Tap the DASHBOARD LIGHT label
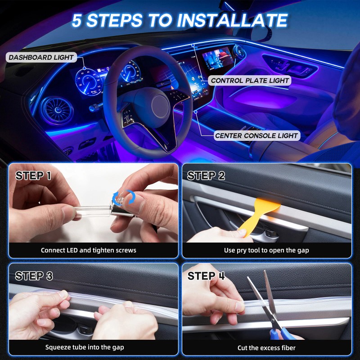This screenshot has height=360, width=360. (41, 57)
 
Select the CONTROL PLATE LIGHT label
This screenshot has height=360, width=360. (250, 81)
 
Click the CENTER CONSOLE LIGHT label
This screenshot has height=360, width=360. (256, 135)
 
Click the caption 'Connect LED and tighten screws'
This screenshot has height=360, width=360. (89, 250)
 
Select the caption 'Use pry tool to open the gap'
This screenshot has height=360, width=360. (266, 250)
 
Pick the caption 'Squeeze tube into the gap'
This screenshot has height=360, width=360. (85, 347)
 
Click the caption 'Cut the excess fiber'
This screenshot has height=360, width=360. (266, 348)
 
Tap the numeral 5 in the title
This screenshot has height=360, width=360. (79, 20)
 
